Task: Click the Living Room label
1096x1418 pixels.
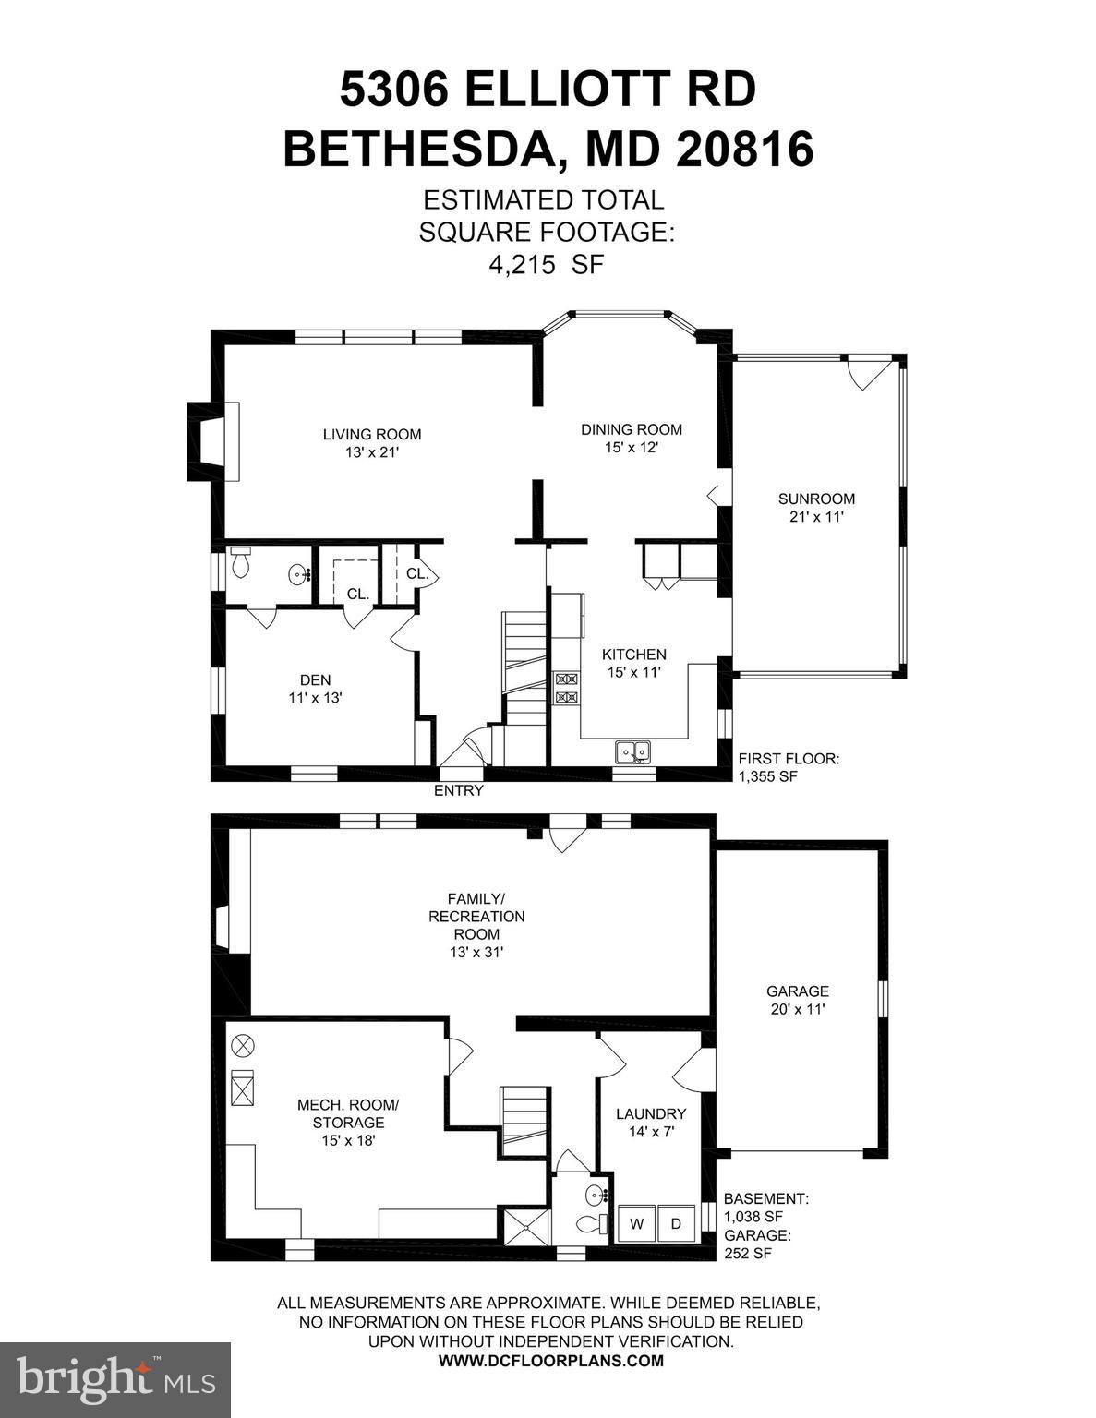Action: click(x=371, y=434)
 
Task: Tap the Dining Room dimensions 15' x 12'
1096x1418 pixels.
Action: click(x=632, y=448)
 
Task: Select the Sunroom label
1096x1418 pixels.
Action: click(x=816, y=499)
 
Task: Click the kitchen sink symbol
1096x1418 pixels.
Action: click(x=632, y=751)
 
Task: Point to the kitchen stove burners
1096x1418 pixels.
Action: click(x=565, y=689)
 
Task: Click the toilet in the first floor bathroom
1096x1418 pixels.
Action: click(x=241, y=561)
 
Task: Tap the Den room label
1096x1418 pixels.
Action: click(x=315, y=680)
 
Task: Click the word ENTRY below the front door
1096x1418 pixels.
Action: click(x=459, y=791)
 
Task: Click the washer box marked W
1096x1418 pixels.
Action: click(x=636, y=1224)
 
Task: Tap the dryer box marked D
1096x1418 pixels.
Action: click(x=676, y=1224)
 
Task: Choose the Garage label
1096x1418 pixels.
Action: click(x=798, y=991)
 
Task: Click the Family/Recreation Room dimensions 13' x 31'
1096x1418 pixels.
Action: click(x=476, y=952)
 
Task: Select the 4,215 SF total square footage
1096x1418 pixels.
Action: click(x=545, y=265)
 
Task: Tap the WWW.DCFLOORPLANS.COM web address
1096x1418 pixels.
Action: click(x=550, y=1361)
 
